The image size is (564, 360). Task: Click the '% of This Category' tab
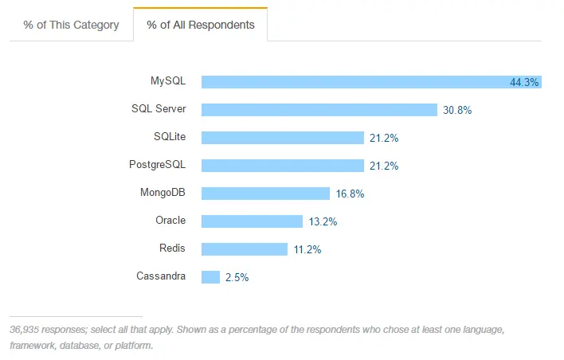point(71,25)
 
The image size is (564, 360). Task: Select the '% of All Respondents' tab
point(201,25)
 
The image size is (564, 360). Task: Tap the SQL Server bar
point(319,110)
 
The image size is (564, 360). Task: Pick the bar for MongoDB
point(265,194)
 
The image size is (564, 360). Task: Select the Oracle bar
point(252,221)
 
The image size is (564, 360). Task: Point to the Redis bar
point(244,249)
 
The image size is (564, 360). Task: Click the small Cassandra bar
point(210,277)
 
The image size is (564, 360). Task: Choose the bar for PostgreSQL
point(282,166)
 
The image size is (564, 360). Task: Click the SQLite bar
point(282,138)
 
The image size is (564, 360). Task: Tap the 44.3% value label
point(524,82)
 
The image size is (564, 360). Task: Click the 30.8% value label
point(457,110)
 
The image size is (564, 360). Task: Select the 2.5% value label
point(237,277)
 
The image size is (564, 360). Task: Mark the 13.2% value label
point(323,221)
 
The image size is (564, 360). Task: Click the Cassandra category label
point(161,276)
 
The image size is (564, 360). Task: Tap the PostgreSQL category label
point(157,165)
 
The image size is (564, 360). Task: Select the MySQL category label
point(168,81)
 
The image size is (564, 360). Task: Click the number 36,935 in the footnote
point(28,329)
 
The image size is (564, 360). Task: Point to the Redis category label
point(172,248)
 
